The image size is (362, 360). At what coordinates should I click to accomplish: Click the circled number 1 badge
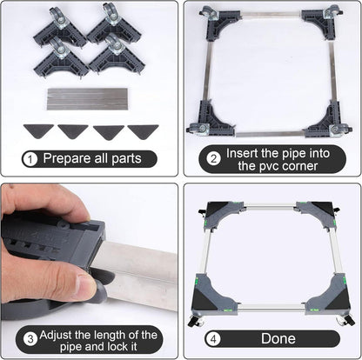click(30, 159)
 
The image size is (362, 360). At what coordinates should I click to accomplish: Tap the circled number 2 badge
click(213, 158)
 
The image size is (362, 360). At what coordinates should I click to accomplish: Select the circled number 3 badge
click(30, 339)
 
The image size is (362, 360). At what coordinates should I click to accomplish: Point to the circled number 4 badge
click(213, 338)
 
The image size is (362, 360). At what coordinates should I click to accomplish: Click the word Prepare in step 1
click(67, 158)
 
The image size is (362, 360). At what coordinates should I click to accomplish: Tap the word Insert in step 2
click(242, 153)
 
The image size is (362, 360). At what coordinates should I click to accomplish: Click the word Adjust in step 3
click(56, 336)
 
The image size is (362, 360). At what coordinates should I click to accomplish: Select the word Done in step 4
click(278, 338)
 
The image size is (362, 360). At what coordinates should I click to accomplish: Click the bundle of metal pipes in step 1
click(87, 99)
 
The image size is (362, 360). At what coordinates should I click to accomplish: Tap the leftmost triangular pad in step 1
click(38, 131)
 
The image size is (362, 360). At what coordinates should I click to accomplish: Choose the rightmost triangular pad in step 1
click(143, 131)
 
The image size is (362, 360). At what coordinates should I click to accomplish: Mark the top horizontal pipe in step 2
click(271, 14)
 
